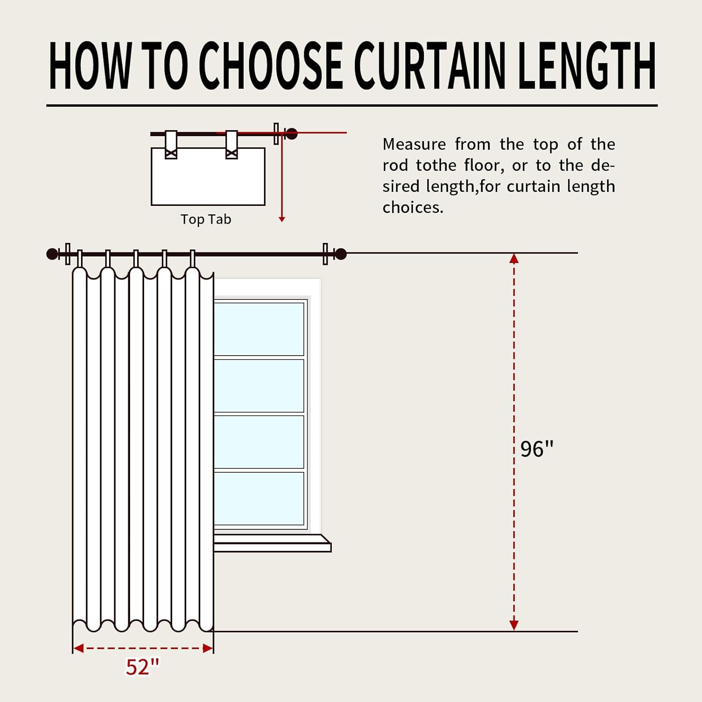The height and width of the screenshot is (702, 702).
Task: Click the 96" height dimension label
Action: pyautogui.click(x=537, y=449)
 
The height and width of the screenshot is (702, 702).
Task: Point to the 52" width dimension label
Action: pyautogui.click(x=142, y=667)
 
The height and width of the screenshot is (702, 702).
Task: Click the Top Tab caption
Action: pyautogui.click(x=206, y=219)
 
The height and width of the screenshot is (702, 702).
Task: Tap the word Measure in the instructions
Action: pyautogui.click(x=414, y=144)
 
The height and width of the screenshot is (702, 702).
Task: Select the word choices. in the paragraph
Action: pyautogui.click(x=413, y=207)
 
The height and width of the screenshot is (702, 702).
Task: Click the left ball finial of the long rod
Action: pyautogui.click(x=52, y=254)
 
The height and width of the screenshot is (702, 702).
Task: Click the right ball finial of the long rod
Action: pyautogui.click(x=341, y=254)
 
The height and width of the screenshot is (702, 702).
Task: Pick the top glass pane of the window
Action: pyautogui.click(x=259, y=329)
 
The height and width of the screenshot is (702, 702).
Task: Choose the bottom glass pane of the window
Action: pyautogui.click(x=259, y=498)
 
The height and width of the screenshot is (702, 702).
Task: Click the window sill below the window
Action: pyautogui.click(x=272, y=543)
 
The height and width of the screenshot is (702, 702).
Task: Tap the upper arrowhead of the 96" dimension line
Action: pyautogui.click(x=514, y=258)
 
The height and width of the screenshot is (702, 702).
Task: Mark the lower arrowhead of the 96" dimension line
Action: pyautogui.click(x=514, y=625)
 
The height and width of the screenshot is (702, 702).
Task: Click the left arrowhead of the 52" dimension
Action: pyautogui.click(x=79, y=648)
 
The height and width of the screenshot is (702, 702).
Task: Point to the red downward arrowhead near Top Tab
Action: pyautogui.click(x=282, y=219)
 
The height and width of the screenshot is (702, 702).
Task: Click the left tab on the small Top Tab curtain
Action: pyautogui.click(x=171, y=145)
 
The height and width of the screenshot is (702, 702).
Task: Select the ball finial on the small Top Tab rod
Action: pyautogui.click(x=291, y=134)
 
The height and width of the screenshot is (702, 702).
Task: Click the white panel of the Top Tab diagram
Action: pyautogui.click(x=208, y=177)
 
